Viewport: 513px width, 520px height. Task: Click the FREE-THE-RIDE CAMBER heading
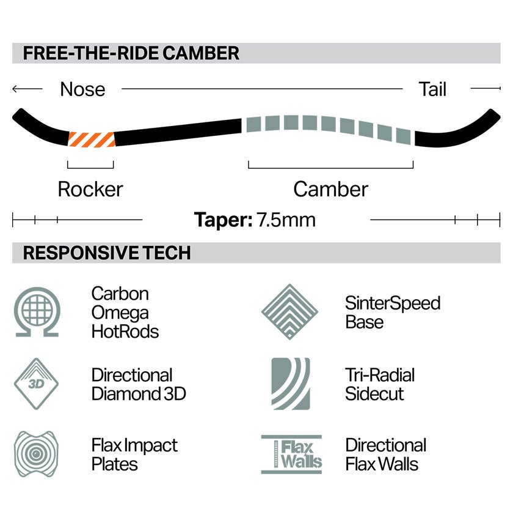point(131,53)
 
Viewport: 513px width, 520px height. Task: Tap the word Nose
point(82,89)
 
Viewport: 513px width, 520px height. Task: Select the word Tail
point(432,89)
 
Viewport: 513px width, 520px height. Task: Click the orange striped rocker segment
point(92,139)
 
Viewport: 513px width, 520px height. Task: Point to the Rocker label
point(90,190)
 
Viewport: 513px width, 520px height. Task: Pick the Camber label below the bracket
point(330,190)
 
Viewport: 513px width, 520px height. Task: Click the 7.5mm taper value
point(286,220)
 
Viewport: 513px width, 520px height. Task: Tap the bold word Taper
point(224,220)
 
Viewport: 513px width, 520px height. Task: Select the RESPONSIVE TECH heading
point(107,253)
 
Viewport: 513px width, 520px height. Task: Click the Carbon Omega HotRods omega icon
point(37,312)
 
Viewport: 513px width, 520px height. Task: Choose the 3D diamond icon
point(37,384)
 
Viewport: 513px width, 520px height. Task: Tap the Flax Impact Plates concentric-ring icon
point(37,454)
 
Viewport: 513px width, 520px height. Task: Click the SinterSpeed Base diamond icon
point(289,312)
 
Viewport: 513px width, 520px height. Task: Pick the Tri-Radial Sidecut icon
point(291,384)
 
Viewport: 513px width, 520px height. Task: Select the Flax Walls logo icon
point(291,455)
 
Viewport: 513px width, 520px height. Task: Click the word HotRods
point(125,332)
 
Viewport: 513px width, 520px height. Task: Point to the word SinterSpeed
point(393,303)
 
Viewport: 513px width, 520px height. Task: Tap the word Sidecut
point(374,393)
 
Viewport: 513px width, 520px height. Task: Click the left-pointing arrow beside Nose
point(27,89)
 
